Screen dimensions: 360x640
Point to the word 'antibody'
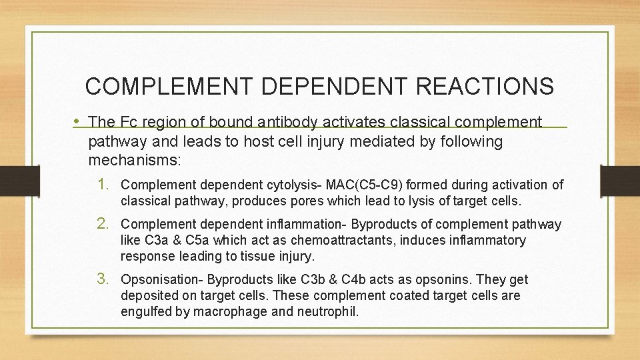(287, 122)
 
